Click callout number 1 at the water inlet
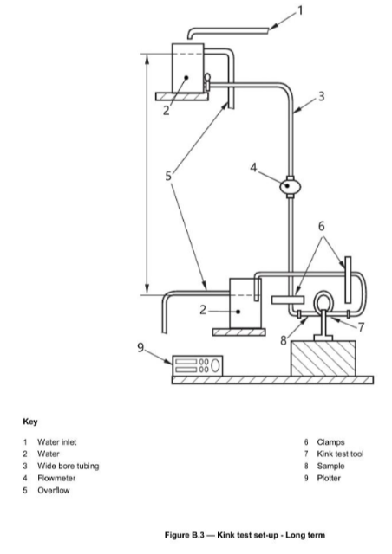[x=300, y=11]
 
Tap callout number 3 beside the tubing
[x=321, y=96]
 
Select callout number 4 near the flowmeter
[x=253, y=167]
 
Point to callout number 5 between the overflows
[x=168, y=176]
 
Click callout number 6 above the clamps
[x=321, y=226]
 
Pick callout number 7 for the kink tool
[x=361, y=327]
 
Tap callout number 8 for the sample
[x=284, y=340]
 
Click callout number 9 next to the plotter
[x=140, y=348]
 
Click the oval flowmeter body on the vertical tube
[x=290, y=185]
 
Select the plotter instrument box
[x=197, y=365]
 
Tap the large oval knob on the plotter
[x=215, y=365]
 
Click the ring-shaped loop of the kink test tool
[x=323, y=293]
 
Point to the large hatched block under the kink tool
[x=323, y=358]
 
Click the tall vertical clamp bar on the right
[x=348, y=280]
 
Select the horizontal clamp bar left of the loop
[x=288, y=300]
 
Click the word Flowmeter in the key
[x=56, y=478]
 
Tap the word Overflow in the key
[x=54, y=491]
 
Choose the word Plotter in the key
[x=329, y=478]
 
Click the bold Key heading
[x=30, y=422]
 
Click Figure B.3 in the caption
[x=185, y=535]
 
